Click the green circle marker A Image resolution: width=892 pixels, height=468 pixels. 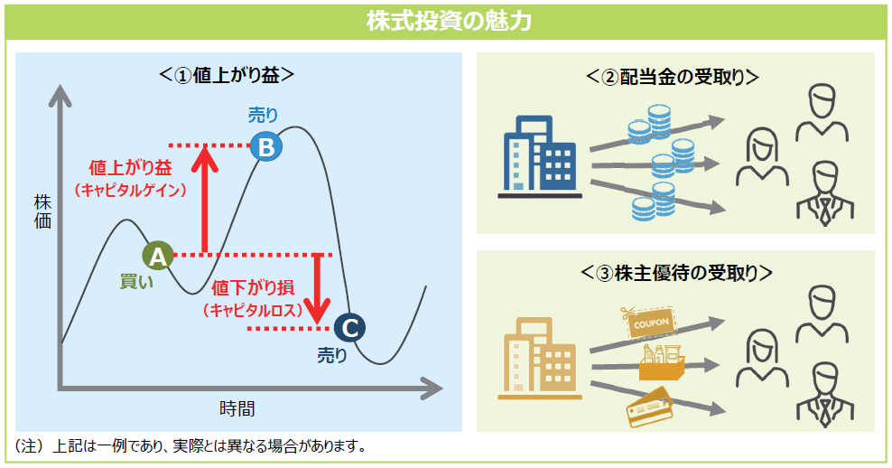158,256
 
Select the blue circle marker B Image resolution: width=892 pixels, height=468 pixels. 265,146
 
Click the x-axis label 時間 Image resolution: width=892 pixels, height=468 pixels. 237,407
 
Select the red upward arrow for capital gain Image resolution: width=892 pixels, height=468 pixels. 206,199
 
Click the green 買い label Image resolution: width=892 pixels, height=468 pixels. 137,281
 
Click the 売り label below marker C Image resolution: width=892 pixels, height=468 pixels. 331,355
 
